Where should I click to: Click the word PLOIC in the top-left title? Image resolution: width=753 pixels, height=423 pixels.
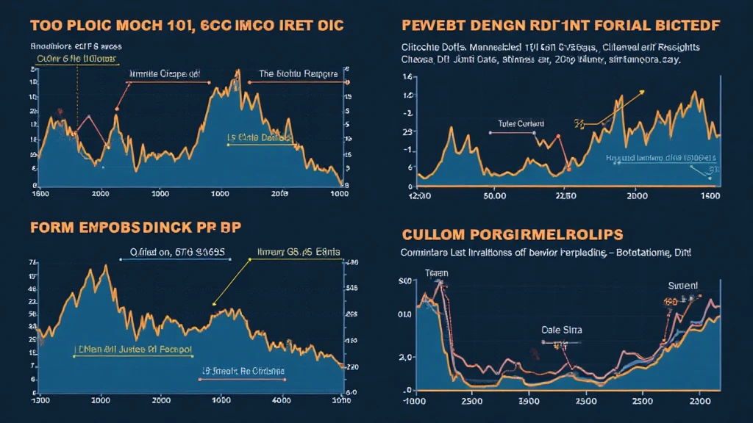pyautogui.click(x=88, y=25)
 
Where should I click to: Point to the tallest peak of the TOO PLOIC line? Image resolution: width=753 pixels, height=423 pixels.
pyautogui.click(x=238, y=71)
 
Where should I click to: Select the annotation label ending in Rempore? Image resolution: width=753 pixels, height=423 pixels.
pyautogui.click(x=298, y=73)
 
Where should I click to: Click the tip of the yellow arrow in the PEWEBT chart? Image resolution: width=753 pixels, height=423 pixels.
pyautogui.click(x=643, y=91)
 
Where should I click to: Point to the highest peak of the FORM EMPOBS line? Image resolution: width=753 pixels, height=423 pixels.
pyautogui.click(x=106, y=266)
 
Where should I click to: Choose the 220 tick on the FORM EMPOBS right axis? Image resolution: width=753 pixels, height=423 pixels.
pyautogui.click(x=352, y=366)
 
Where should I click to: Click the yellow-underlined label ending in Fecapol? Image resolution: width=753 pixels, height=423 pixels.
pyautogui.click(x=134, y=350)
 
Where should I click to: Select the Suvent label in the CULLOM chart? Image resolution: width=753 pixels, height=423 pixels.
pyautogui.click(x=683, y=286)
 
